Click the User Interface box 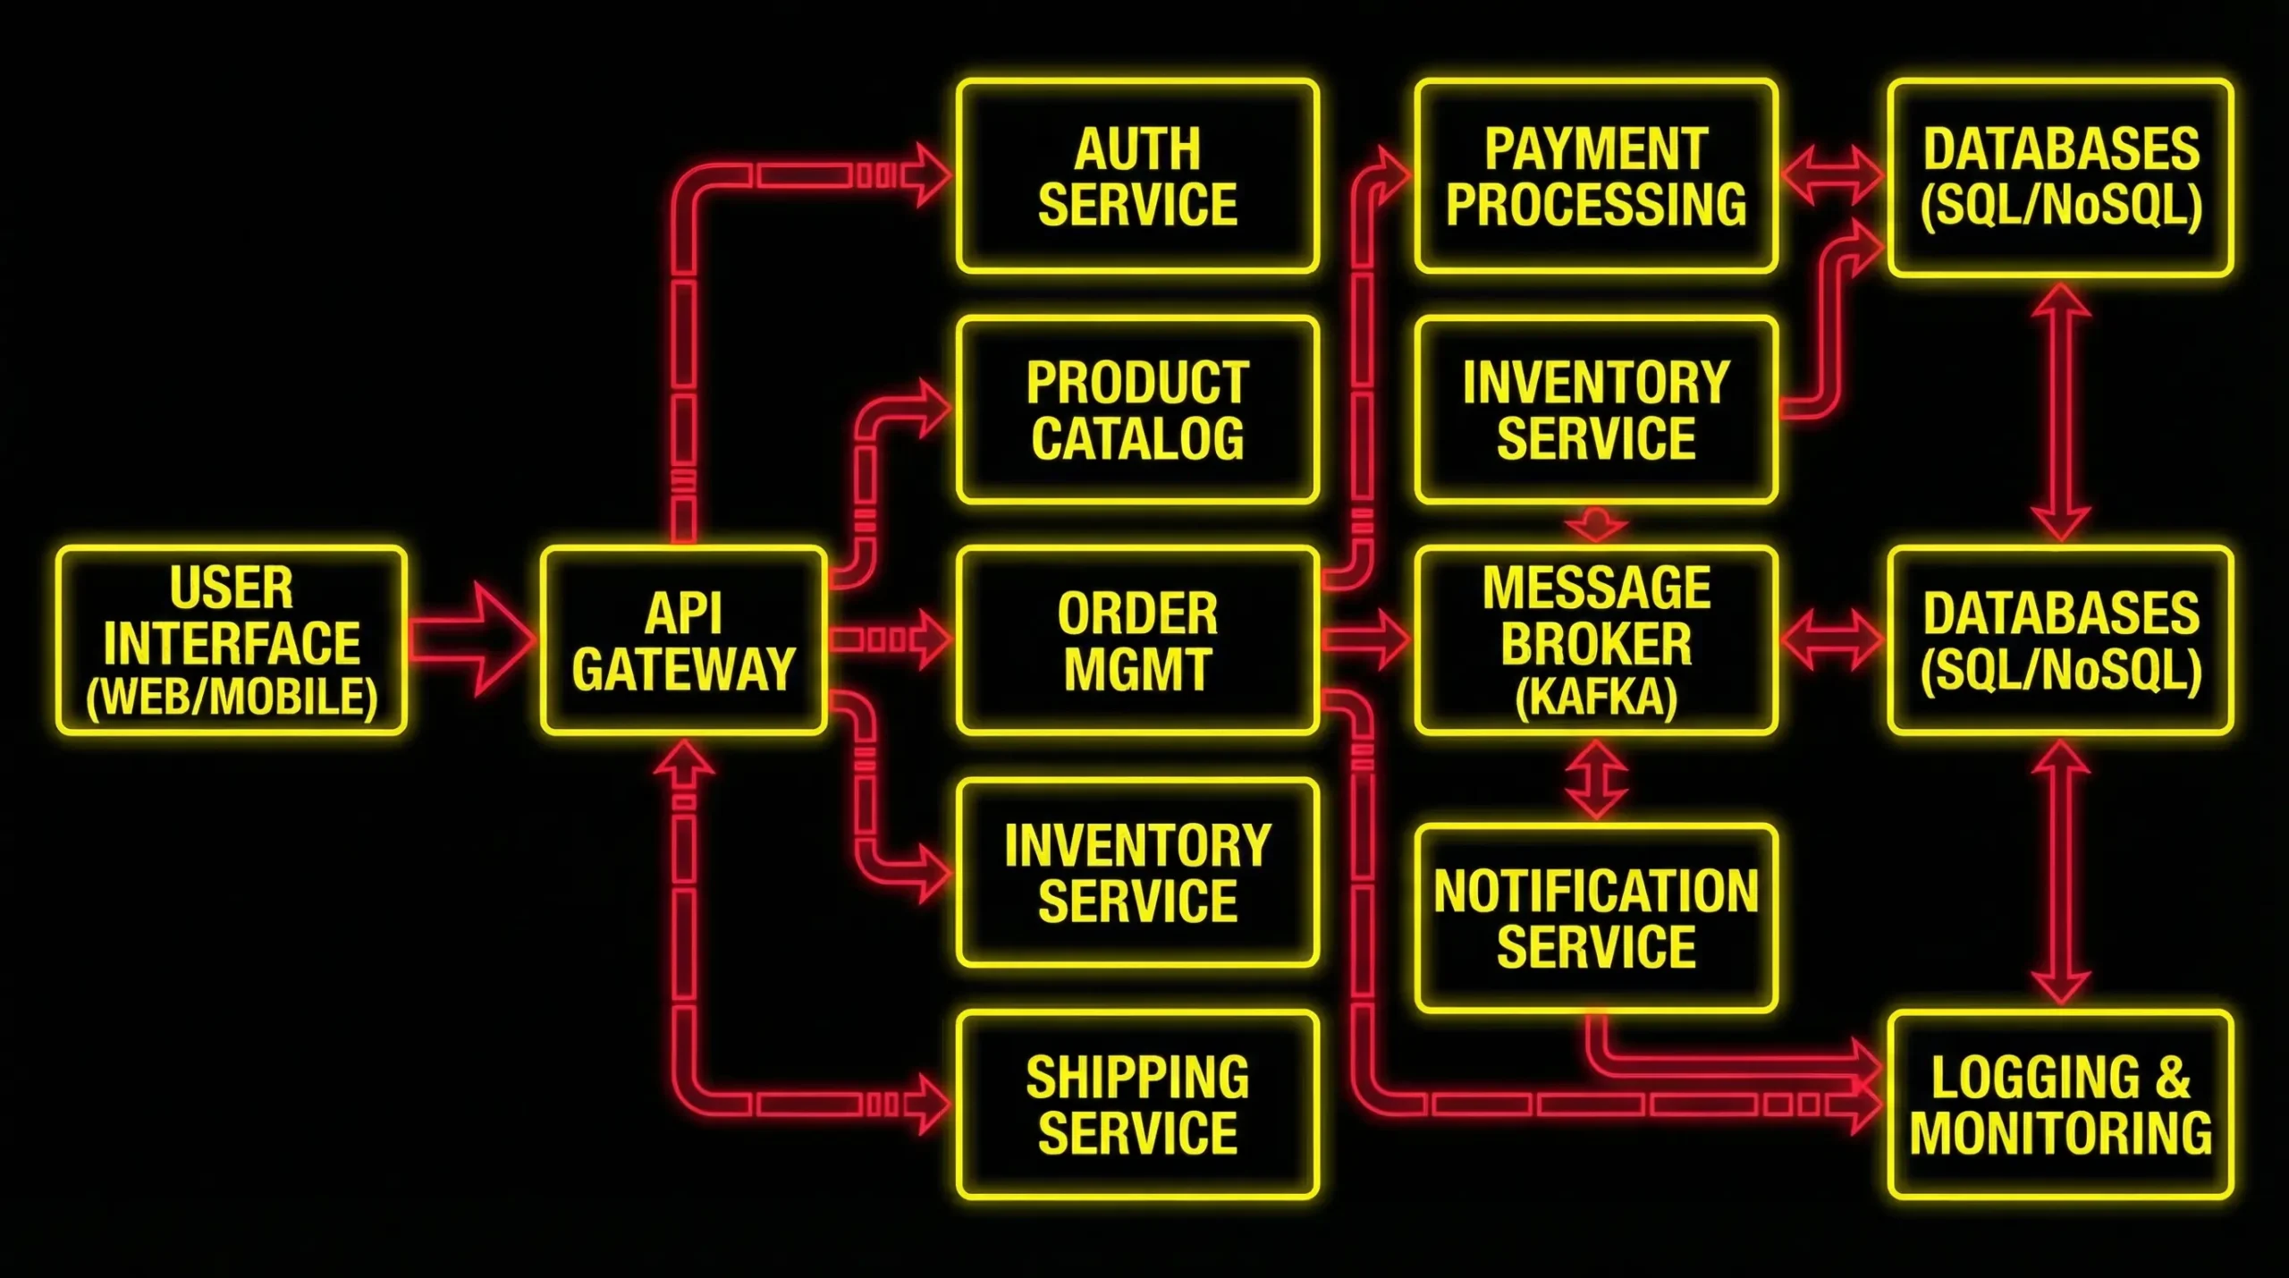[232, 640]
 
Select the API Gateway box [683, 640]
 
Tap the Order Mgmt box [1137, 640]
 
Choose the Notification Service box [1596, 918]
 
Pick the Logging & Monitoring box [2060, 1104]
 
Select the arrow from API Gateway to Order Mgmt [891, 639]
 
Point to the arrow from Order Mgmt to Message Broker [1366, 639]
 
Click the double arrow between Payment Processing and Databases [1832, 174]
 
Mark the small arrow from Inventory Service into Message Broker [1597, 524]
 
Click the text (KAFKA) [1596, 698]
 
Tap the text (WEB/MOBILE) [232, 698]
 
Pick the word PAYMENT [1596, 148]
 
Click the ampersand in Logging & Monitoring [2172, 1077]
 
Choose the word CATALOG [1137, 437]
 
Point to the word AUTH [1137, 148]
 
